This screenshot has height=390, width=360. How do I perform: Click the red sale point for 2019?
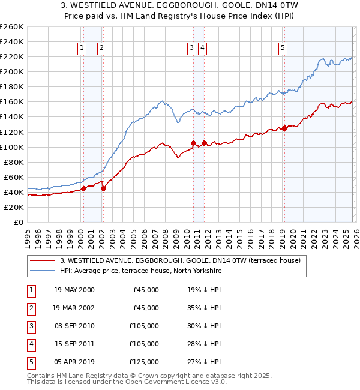click(284, 128)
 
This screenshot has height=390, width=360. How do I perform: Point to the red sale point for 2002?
click(103, 188)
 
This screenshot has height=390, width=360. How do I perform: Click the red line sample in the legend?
click(43, 260)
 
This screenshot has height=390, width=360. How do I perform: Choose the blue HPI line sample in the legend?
click(43, 271)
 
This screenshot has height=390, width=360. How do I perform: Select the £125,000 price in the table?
click(144, 362)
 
